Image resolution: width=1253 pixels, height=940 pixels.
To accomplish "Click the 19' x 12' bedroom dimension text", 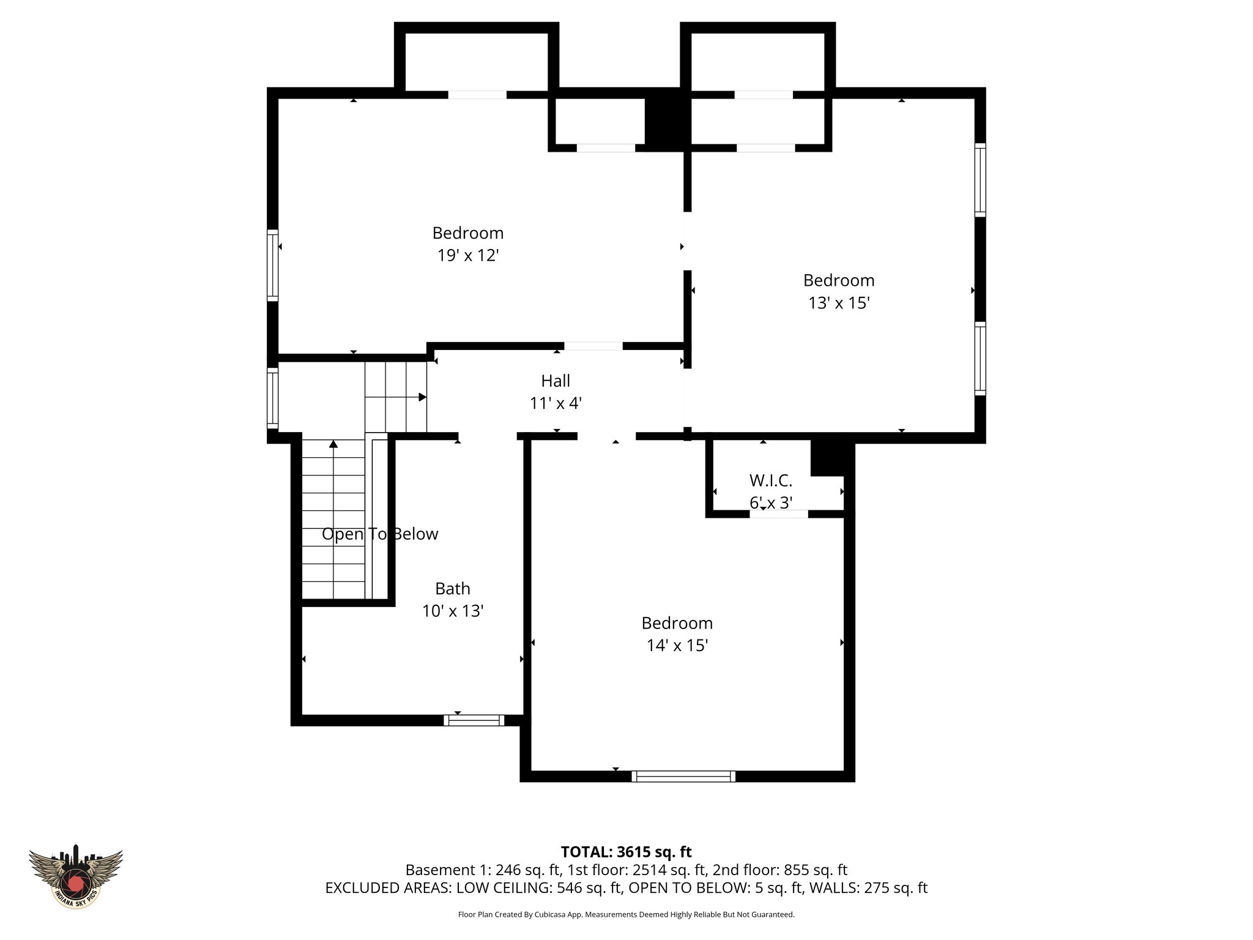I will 468,255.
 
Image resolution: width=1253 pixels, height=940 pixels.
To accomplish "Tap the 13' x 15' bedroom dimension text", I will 839,303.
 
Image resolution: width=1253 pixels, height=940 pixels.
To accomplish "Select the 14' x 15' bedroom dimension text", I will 677,646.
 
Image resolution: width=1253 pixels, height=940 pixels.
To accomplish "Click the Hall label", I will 556,381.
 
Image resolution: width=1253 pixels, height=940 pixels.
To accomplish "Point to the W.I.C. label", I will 771,480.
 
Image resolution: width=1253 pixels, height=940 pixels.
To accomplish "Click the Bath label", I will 453,589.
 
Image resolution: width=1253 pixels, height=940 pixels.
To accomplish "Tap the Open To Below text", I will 380,534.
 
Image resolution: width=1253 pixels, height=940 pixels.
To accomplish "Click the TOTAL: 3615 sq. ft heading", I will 626,852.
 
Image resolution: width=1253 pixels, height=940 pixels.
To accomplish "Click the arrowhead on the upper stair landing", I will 422,397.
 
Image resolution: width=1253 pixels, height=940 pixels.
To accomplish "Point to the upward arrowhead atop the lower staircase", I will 333,444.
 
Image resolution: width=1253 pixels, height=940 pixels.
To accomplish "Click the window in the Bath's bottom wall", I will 474,720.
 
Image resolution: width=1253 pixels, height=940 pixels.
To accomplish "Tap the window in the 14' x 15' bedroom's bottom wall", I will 683,777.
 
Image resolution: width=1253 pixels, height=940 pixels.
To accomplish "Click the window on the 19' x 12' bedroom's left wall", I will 273,265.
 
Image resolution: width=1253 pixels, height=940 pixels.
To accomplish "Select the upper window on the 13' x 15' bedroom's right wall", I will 980,179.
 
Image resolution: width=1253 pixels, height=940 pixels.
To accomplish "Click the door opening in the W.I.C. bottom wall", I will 779,514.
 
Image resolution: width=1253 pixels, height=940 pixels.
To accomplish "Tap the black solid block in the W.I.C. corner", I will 828,458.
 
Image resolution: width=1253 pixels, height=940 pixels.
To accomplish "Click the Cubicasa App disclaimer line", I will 626,914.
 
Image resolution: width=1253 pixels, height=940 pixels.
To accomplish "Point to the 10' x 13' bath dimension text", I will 453,611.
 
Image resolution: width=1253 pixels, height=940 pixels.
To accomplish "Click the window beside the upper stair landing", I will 273,398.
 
